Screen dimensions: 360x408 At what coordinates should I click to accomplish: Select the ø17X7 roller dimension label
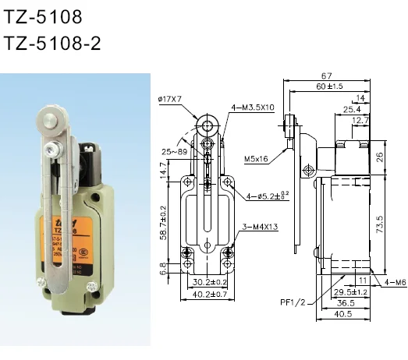(x=170, y=99)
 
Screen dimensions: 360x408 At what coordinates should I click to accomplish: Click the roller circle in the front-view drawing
(x=208, y=125)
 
